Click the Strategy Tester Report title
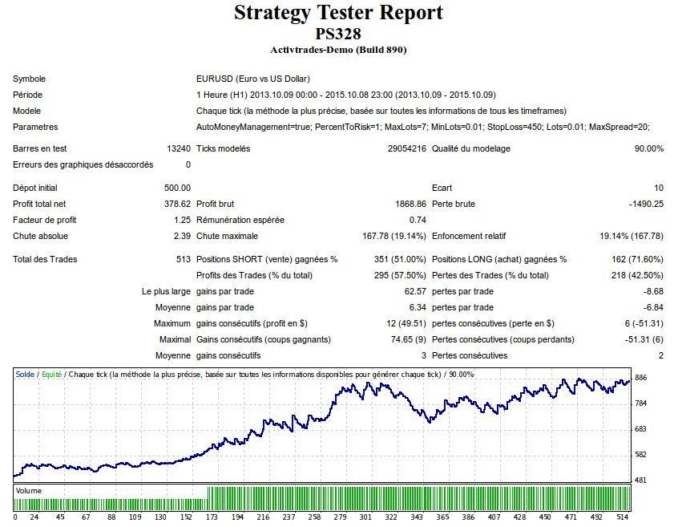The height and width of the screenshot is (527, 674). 337,13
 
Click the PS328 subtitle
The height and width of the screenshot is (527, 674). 337,34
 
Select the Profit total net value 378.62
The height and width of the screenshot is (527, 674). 175,204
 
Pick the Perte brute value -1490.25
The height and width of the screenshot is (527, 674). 643,204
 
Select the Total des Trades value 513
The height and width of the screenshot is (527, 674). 184,259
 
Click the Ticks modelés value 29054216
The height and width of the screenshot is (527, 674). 406,148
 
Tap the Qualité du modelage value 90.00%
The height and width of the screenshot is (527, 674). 648,148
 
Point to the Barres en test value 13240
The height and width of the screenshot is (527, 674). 179,148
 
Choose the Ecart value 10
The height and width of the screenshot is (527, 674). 658,188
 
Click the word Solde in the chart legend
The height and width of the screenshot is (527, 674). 25,374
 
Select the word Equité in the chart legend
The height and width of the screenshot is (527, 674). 51,374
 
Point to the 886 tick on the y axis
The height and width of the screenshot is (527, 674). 641,378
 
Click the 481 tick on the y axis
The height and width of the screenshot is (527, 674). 641,480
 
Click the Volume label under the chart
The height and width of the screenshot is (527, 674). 30,490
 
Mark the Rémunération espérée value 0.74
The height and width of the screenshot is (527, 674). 417,220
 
